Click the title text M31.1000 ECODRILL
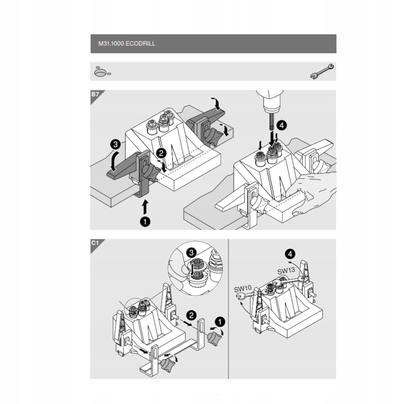pos(127,44)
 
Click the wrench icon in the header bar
pos(322,71)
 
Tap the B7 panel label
pos(95,95)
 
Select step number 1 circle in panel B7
pos(145,222)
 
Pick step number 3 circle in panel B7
pos(115,145)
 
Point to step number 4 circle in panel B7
pos(281,125)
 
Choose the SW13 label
pos(286,271)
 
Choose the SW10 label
pos(243,289)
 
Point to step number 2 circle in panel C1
pos(191,315)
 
